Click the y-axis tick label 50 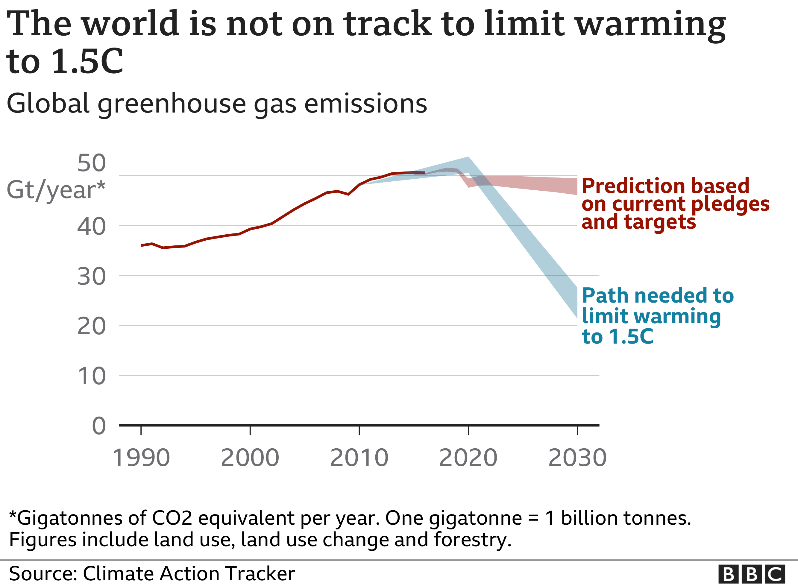click(91, 163)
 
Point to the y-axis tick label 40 click(91, 227)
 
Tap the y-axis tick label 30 click(91, 277)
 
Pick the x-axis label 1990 click(141, 458)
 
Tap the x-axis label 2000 click(250, 458)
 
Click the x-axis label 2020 click(468, 458)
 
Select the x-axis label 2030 click(577, 458)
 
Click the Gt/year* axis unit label click(56, 190)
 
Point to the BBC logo click(752, 574)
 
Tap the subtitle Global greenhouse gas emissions click(217, 104)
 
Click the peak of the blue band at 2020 click(468, 158)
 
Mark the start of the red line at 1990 click(142, 245)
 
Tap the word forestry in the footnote click(472, 540)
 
